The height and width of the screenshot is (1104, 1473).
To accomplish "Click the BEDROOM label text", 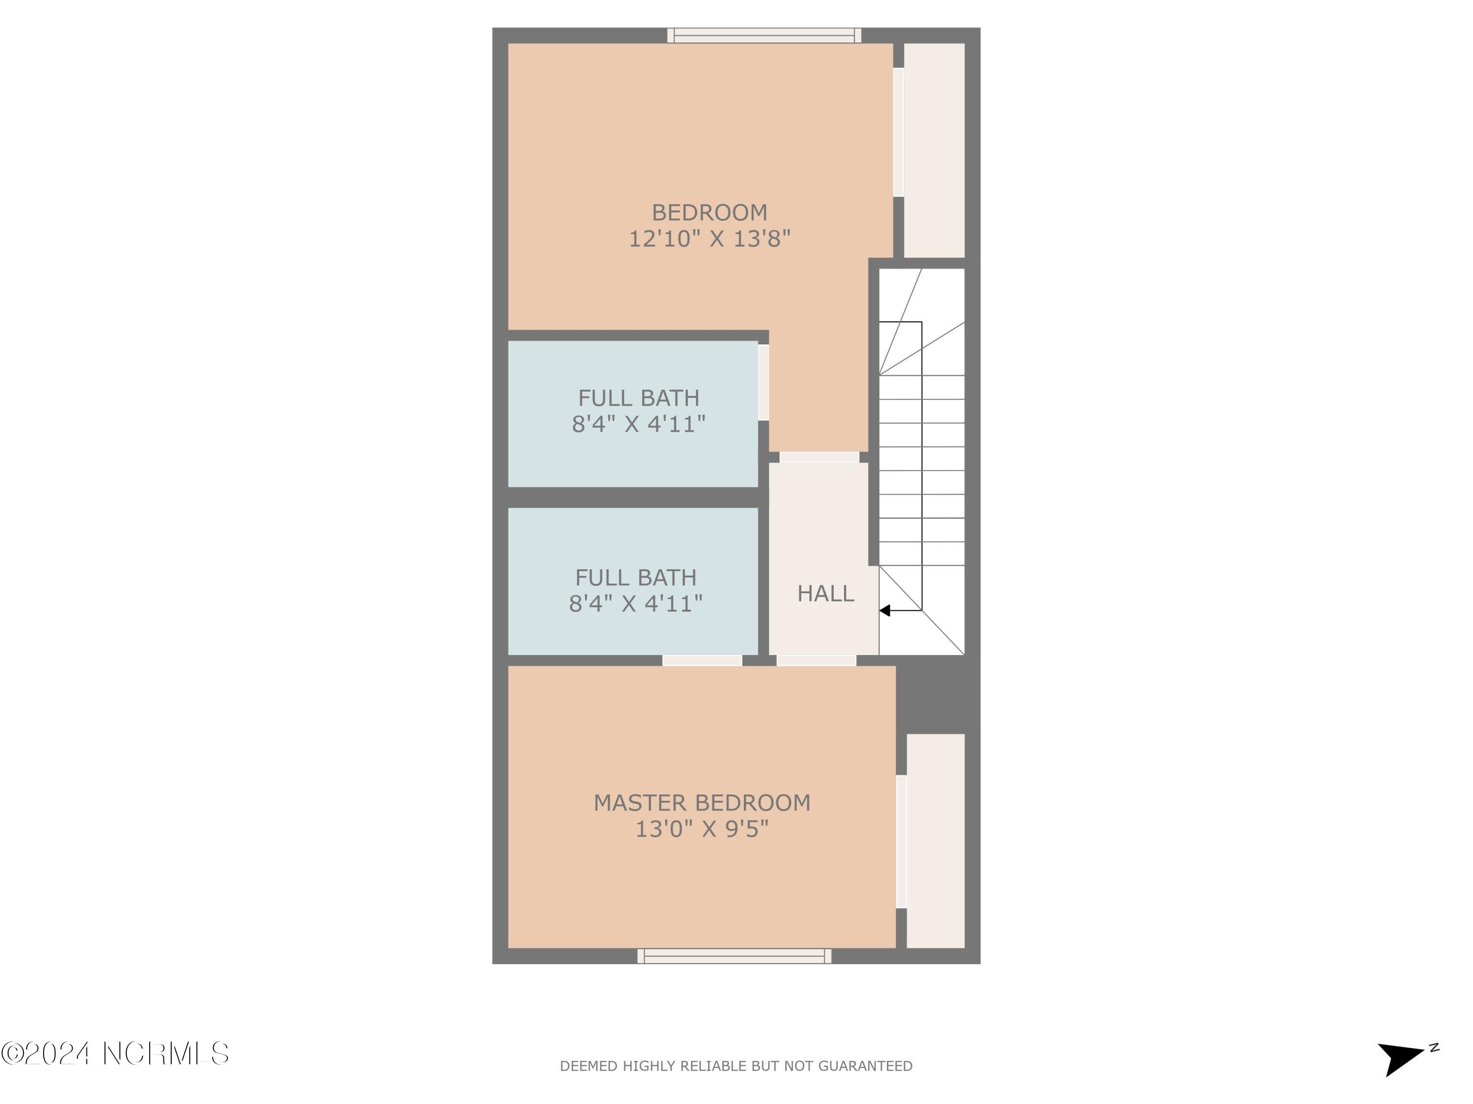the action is pos(709,212).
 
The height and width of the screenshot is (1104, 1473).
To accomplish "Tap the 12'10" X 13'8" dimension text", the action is pos(709,238).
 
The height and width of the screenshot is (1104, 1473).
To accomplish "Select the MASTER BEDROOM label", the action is pos(702,803).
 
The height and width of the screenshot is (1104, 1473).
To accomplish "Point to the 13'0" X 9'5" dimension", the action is pos(702,829).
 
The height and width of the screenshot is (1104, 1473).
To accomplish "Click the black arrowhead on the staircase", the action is pos(885,610).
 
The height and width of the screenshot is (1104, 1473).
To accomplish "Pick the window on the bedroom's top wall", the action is pos(764,35).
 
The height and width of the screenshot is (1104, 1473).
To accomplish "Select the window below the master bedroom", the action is pos(735,956).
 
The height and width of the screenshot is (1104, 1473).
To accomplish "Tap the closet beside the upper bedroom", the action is pos(934,151).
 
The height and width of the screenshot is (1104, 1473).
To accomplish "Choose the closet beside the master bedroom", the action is pos(936,841).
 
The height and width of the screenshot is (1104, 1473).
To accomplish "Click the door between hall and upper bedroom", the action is pos(819,457).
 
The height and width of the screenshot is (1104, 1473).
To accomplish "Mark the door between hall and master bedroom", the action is pos(817,661).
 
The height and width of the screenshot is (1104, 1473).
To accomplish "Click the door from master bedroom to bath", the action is pos(702,661).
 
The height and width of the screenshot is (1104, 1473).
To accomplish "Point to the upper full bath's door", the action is pos(764,382).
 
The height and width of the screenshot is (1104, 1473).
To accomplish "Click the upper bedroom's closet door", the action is pos(899,132).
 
